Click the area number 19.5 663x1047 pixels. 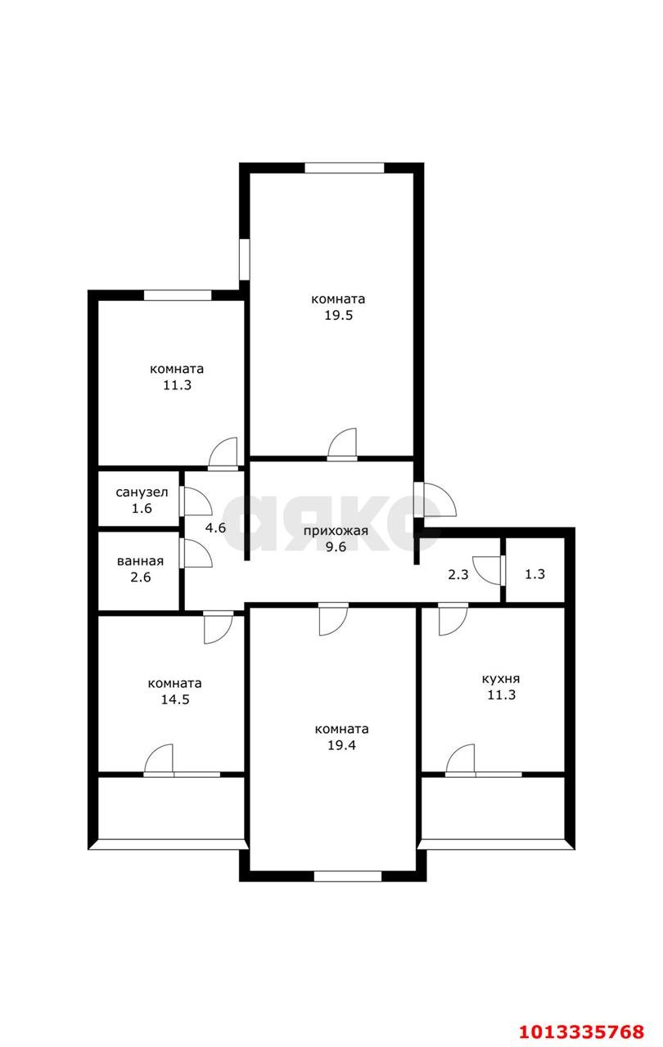pos(337,316)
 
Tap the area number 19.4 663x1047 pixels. pos(342,745)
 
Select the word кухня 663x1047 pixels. pos(501,678)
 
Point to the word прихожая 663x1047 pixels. pos(336,531)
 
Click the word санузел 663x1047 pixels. pos(142,492)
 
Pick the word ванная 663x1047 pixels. pos(140,561)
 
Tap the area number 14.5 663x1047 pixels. pos(174,699)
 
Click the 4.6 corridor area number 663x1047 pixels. pos(215,528)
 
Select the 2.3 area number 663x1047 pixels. pos(458,574)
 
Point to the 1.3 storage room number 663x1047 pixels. pos(534,574)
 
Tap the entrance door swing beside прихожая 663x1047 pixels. pos(431,501)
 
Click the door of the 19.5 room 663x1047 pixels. pos(343,444)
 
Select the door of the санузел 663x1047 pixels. pos(196,501)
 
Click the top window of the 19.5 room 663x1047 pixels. pos(345,168)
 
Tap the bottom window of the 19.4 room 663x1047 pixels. pos(348,876)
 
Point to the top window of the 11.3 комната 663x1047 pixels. pos(178,295)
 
